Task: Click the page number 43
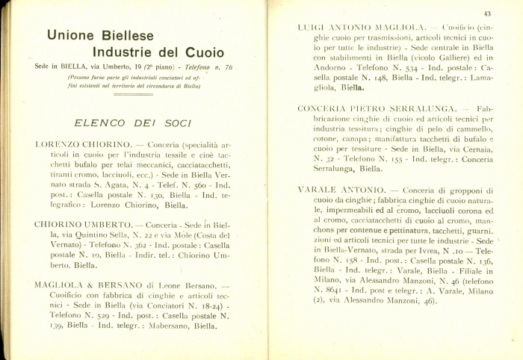[x=487, y=13]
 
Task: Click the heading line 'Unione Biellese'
[x=100, y=35]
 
